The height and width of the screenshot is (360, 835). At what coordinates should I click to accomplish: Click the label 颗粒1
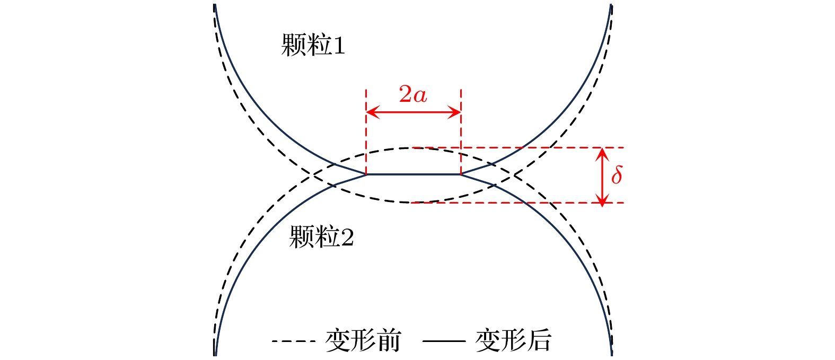pos(313,45)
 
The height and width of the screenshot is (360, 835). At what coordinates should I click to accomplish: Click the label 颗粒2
pos(321,236)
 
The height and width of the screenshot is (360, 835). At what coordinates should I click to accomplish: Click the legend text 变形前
pos(363,340)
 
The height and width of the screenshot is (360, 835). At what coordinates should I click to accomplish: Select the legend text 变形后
pos(513,340)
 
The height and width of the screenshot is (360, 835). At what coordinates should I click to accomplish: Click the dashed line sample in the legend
pos(294,341)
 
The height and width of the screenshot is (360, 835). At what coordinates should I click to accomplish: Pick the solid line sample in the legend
pos(444,341)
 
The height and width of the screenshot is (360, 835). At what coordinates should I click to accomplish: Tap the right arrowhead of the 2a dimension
pos(454,112)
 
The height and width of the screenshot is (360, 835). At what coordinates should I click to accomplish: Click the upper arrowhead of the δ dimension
pos(602,154)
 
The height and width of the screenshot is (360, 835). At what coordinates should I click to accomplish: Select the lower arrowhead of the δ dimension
pos(602,196)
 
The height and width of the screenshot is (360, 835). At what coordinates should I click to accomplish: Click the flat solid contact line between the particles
pos(414,174)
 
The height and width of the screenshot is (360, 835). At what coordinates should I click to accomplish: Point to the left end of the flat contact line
pos(366,174)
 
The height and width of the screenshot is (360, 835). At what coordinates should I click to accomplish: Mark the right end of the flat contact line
pos(461,174)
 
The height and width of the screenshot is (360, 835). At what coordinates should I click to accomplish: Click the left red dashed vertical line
pos(366,131)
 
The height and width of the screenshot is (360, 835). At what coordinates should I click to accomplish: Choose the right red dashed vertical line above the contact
pos(461,131)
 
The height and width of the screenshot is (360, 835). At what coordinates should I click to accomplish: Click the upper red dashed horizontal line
pos(518,147)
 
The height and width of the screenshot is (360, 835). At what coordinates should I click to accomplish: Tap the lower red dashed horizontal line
pos(518,203)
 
